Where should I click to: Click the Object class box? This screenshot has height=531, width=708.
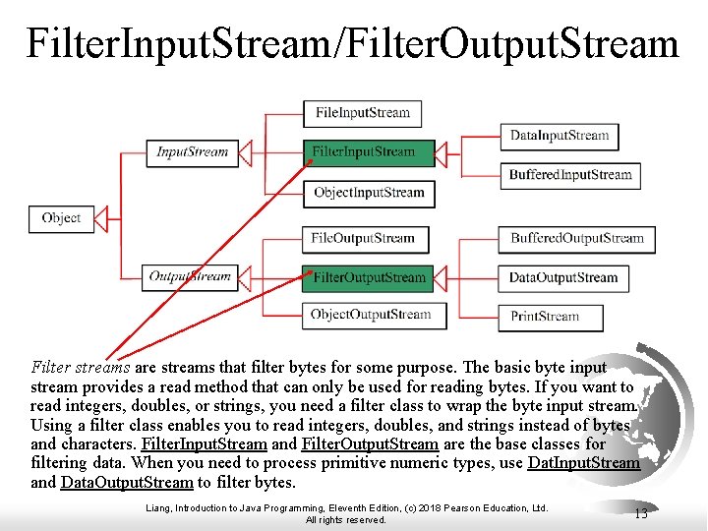pos(61,218)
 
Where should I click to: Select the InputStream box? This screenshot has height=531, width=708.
pos(193,152)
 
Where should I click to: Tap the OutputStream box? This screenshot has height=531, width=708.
pos(189,276)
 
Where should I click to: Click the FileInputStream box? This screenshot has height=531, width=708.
pos(363,113)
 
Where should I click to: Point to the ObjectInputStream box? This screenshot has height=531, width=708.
pos(369,193)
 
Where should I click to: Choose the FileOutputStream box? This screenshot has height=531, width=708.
pos(363,238)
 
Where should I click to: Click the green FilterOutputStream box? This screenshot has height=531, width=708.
pos(369,277)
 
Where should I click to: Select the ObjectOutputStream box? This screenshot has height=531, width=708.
pos(371,315)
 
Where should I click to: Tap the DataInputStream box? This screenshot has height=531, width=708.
pos(560,136)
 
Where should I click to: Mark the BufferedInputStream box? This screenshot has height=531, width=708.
pos(570,175)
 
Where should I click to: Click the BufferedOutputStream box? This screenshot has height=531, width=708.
pos(577,238)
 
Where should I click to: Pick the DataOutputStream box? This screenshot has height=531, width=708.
pos(562,278)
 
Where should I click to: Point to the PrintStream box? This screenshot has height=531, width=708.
pos(545,317)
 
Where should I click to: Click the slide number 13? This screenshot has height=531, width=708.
pos(640,512)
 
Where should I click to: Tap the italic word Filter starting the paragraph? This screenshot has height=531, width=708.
pos(50,368)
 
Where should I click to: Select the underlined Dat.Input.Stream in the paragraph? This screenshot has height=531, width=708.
pos(584,462)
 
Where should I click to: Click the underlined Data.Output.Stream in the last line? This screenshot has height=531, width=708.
pos(127,482)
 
